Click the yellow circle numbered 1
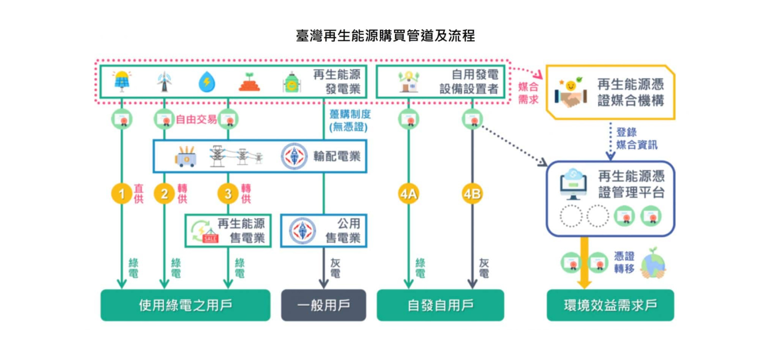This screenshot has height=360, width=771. (122, 194)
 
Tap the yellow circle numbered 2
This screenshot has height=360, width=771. (164, 194)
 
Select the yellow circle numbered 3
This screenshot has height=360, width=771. (228, 194)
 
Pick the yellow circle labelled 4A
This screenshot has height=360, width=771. (409, 194)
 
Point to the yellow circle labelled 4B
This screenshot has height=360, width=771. (472, 194)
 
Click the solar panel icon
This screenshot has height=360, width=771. (122, 81)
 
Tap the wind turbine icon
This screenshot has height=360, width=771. (164, 82)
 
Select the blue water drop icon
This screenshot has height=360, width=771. (207, 82)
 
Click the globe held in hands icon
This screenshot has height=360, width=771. (653, 263)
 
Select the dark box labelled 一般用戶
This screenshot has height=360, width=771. (323, 305)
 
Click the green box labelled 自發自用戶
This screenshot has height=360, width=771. (440, 305)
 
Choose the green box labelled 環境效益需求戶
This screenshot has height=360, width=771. (610, 305)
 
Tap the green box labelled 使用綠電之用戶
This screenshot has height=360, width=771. (185, 305)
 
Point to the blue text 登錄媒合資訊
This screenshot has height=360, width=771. (636, 139)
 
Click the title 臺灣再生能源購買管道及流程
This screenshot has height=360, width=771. (385, 35)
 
